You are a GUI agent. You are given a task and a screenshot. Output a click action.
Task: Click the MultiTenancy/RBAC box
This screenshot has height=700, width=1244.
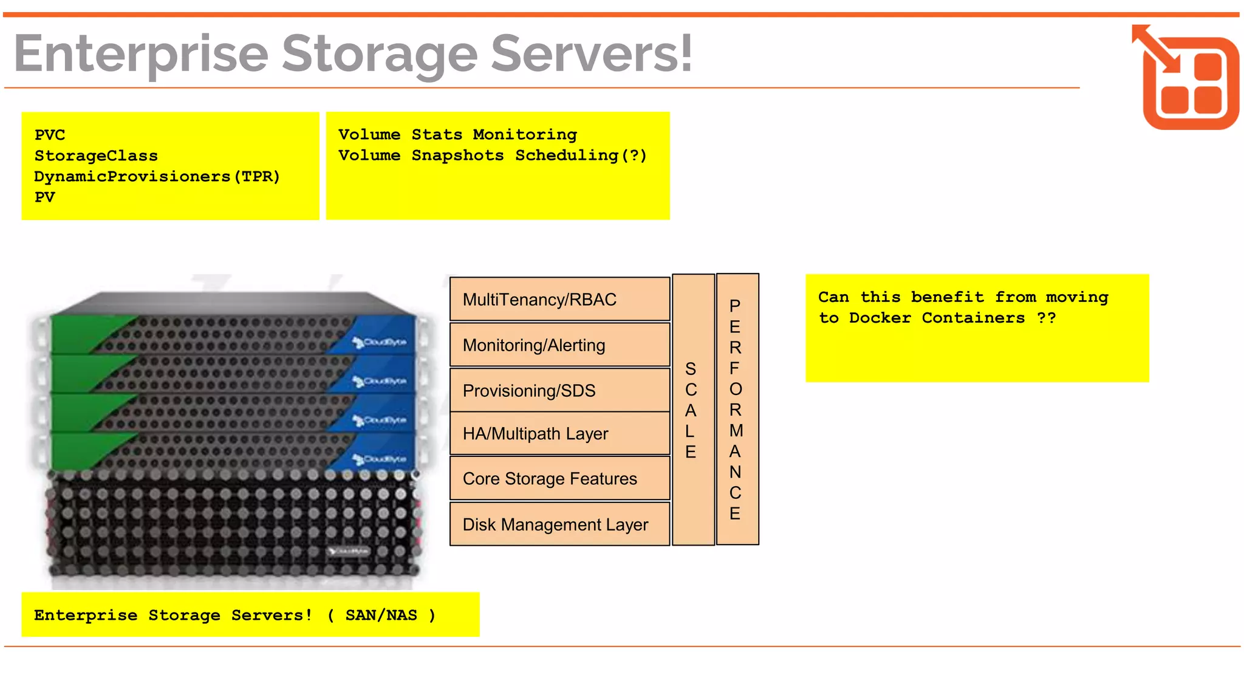click(559, 299)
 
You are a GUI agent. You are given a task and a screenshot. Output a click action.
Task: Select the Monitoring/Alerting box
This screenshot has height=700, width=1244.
click(559, 345)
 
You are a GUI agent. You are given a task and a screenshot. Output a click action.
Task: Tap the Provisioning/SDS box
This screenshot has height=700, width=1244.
click(559, 390)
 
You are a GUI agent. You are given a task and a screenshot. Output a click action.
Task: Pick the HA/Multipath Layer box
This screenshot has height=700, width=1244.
click(559, 433)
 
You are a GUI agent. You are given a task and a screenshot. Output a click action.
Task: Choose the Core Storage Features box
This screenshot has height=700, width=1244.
click(559, 479)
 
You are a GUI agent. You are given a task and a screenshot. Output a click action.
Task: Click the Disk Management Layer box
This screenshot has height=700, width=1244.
click(559, 524)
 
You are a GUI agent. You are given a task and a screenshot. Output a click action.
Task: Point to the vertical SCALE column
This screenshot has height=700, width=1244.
click(693, 410)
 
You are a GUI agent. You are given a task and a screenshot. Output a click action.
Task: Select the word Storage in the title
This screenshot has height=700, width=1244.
click(379, 55)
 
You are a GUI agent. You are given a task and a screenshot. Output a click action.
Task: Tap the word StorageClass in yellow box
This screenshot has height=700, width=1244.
click(96, 156)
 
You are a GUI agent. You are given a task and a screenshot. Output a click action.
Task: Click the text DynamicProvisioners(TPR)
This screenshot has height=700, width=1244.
click(157, 177)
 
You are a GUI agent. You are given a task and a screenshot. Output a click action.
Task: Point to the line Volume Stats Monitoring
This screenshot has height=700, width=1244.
click(457, 135)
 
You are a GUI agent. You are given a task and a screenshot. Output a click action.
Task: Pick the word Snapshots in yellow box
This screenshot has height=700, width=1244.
click(457, 156)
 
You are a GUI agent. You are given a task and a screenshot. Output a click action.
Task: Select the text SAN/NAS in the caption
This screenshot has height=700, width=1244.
click(381, 616)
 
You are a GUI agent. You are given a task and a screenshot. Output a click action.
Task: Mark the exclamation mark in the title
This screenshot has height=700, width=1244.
click(685, 53)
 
